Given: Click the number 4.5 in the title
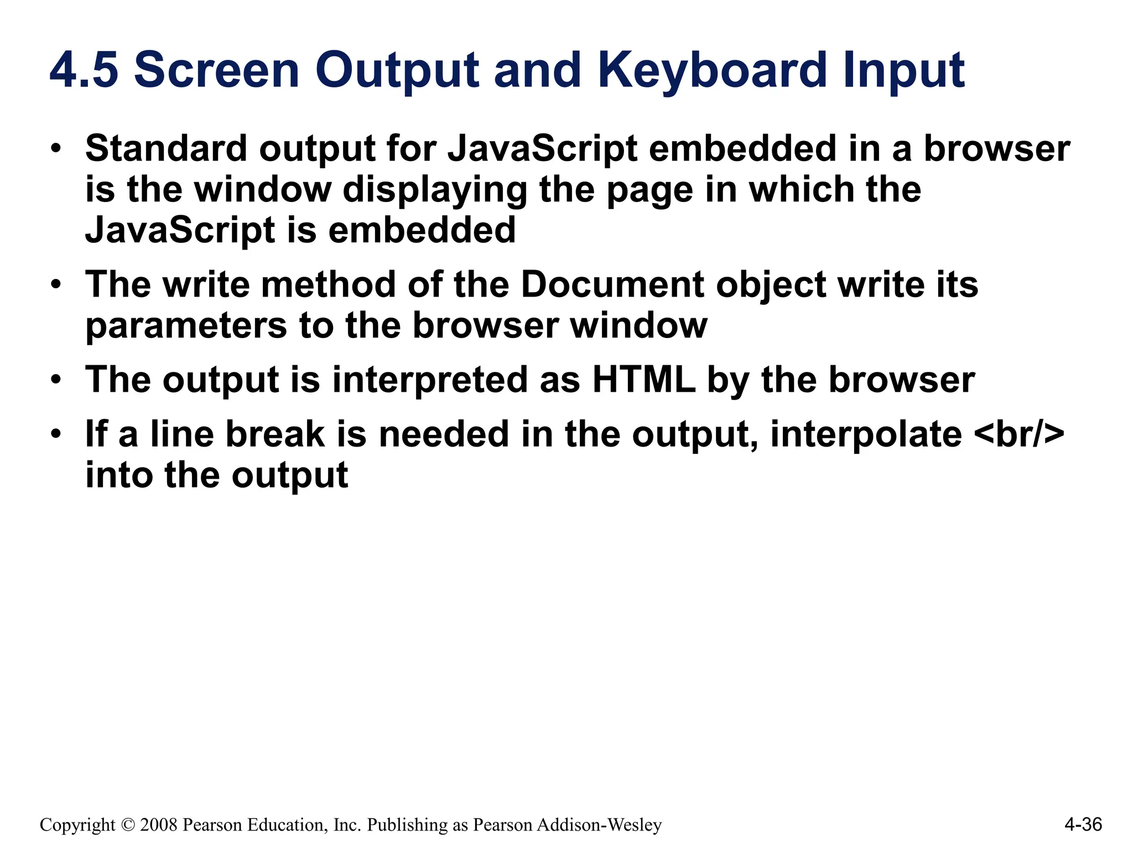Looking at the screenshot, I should (x=84, y=70).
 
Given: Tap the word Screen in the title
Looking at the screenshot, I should (x=216, y=70).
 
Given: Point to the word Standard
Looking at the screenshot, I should (x=166, y=149).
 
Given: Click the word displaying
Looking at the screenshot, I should (x=434, y=190).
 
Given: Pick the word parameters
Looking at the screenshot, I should (x=186, y=326).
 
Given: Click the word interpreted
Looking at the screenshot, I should (x=429, y=380).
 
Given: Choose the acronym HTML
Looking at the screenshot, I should (x=643, y=380).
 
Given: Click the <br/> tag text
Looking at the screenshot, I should (x=1018, y=434).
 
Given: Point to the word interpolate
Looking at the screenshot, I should (x=866, y=434).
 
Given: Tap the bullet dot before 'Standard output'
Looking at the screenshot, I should (x=55, y=149).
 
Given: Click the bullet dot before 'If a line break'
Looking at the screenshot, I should (x=55, y=434).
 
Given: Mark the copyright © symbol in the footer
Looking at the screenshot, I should (x=127, y=825).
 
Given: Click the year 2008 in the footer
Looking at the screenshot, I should (x=159, y=825).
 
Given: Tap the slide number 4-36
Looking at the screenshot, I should (x=1083, y=825).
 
